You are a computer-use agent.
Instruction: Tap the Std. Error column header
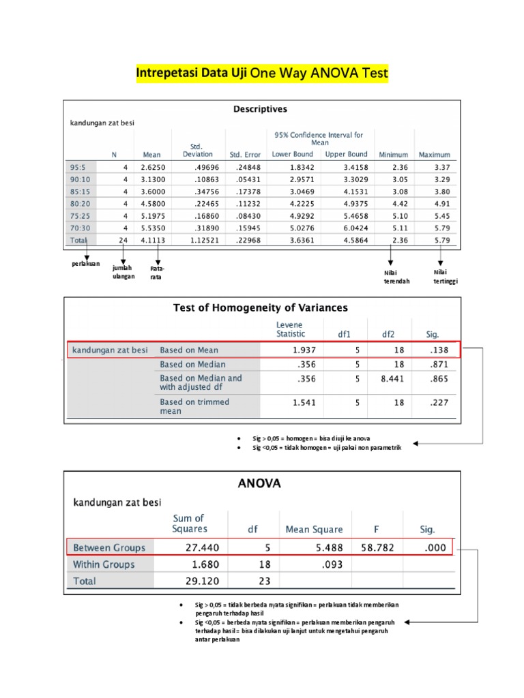(x=246, y=155)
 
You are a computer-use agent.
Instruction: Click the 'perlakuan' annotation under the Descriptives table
(x=85, y=264)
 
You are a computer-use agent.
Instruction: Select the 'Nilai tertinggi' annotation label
(x=446, y=276)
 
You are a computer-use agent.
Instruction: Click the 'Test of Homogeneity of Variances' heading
(x=261, y=308)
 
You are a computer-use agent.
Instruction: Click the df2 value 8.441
(x=390, y=382)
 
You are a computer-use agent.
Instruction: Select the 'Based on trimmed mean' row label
(x=194, y=406)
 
